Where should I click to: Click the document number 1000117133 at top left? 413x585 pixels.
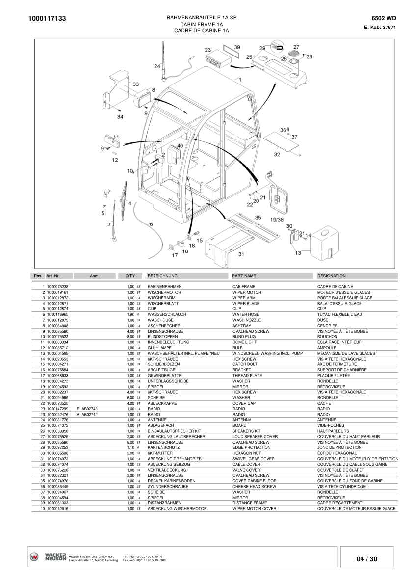point(48,19)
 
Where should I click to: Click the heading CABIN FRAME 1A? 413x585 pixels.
point(202,24)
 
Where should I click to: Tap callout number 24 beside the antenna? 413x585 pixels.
point(157,66)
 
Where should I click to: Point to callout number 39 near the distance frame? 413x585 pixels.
point(237,47)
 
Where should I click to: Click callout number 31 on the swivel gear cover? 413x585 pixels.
point(241,254)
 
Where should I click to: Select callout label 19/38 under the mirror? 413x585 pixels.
point(277,219)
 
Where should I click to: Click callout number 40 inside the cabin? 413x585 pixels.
point(180,145)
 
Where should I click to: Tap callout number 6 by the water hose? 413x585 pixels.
point(151,224)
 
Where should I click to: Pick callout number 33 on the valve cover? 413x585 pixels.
point(135,84)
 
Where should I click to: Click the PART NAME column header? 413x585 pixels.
point(244,276)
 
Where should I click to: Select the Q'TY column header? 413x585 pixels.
point(130,276)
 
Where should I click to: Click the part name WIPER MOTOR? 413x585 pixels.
point(247,292)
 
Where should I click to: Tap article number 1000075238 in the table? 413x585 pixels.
point(57,286)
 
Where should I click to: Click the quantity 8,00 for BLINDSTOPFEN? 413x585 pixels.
point(130,337)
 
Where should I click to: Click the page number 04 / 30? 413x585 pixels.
point(367,559)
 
